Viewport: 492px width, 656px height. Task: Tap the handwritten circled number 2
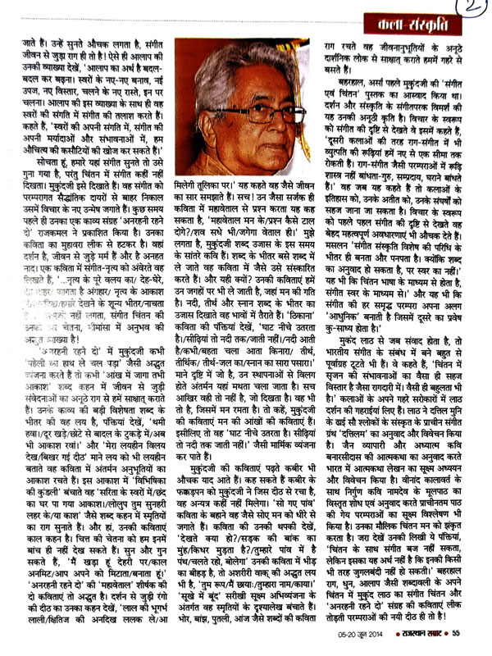pos(473,13)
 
